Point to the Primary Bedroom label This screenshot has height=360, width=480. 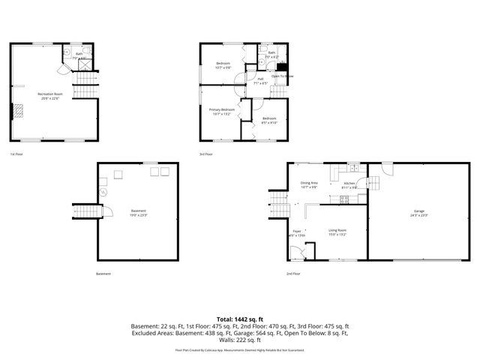point(222,112)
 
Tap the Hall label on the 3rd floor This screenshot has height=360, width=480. point(261,81)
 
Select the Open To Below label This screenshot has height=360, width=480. point(282,76)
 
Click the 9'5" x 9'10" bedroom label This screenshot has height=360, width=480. point(269,121)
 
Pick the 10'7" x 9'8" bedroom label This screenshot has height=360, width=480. point(223,65)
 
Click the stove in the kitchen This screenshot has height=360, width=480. point(346,199)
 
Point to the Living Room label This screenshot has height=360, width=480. point(337,232)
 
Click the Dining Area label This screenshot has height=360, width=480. point(310,184)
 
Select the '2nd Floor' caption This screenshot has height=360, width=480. point(293,274)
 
